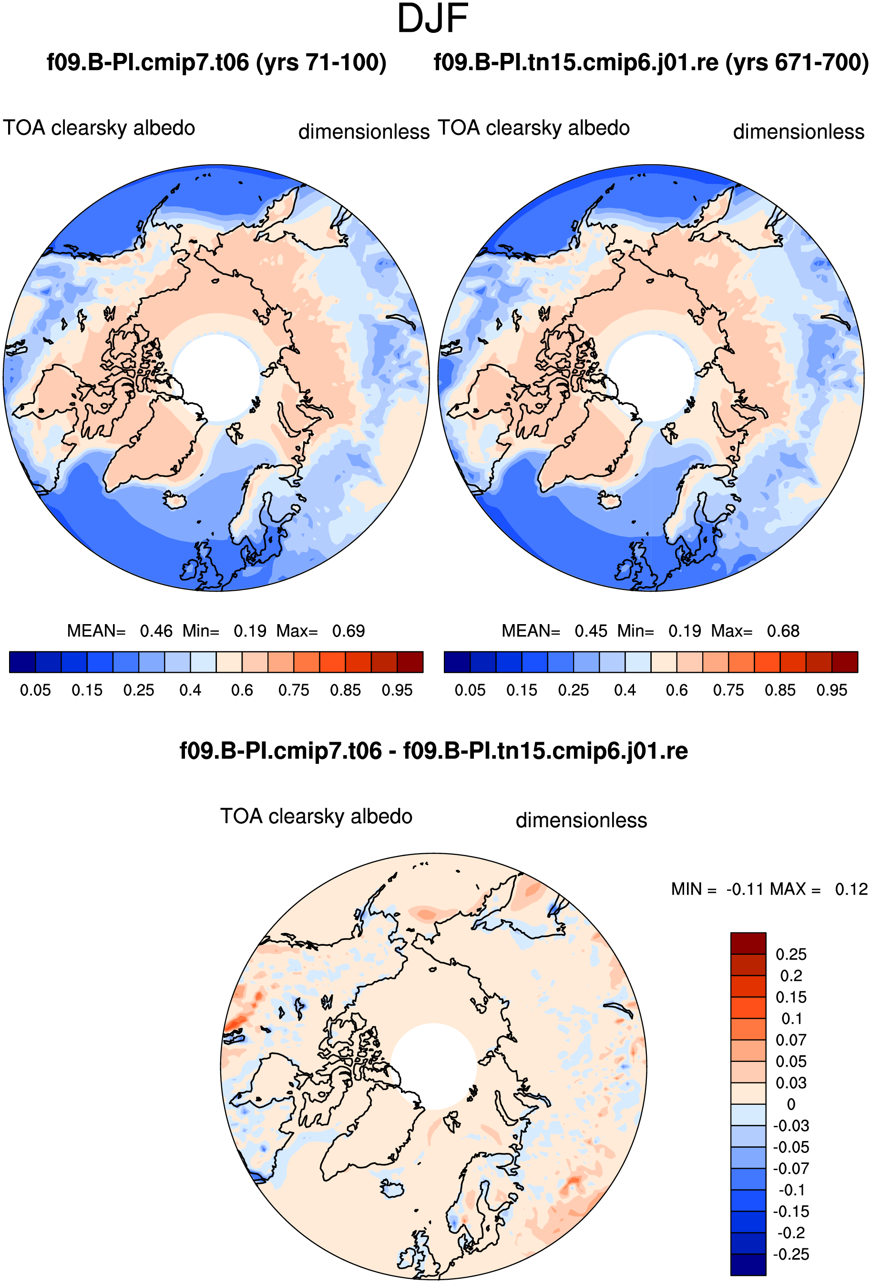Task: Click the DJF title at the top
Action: coord(432,18)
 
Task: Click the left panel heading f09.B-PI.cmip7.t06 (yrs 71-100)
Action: coord(216,62)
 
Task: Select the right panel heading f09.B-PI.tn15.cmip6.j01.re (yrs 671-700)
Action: coord(651,62)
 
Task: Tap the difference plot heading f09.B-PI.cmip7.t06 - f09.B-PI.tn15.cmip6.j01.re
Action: coord(433,751)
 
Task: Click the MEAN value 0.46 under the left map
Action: coord(156,630)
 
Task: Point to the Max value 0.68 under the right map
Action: coord(783,630)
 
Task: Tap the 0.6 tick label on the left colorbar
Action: coord(242,690)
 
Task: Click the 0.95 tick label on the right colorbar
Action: coord(832,690)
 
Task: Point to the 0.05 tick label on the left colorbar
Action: coord(35,690)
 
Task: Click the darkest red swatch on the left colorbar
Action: coord(410,662)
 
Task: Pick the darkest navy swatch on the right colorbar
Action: coord(457,662)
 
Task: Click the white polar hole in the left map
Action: coord(216,378)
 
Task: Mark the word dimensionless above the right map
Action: coord(799,132)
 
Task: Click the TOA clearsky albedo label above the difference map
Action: coord(317,817)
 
